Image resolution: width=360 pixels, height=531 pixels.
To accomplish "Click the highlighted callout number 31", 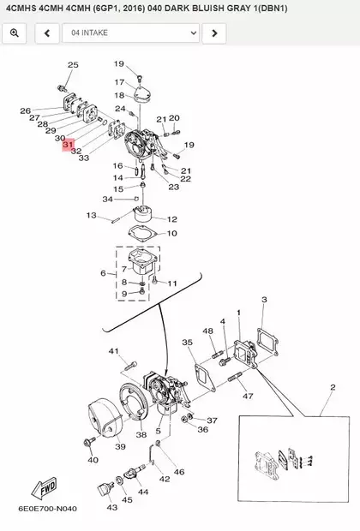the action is click(x=68, y=145).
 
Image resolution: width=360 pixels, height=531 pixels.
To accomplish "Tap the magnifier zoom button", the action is click(x=15, y=33).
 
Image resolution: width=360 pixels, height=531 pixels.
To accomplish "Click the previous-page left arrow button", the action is click(x=47, y=33).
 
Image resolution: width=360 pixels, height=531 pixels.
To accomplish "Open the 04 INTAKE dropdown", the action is click(x=130, y=33).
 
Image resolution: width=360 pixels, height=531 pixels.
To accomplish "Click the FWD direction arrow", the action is click(x=44, y=488).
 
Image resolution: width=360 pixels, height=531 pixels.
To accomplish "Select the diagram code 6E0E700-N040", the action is click(x=47, y=509).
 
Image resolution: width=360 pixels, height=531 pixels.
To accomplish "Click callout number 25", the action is click(x=73, y=65).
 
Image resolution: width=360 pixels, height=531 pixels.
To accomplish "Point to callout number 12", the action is click(x=172, y=219).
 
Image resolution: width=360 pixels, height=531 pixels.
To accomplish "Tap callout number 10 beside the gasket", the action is click(x=172, y=233).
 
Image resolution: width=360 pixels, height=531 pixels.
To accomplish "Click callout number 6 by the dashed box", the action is click(x=103, y=273).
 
